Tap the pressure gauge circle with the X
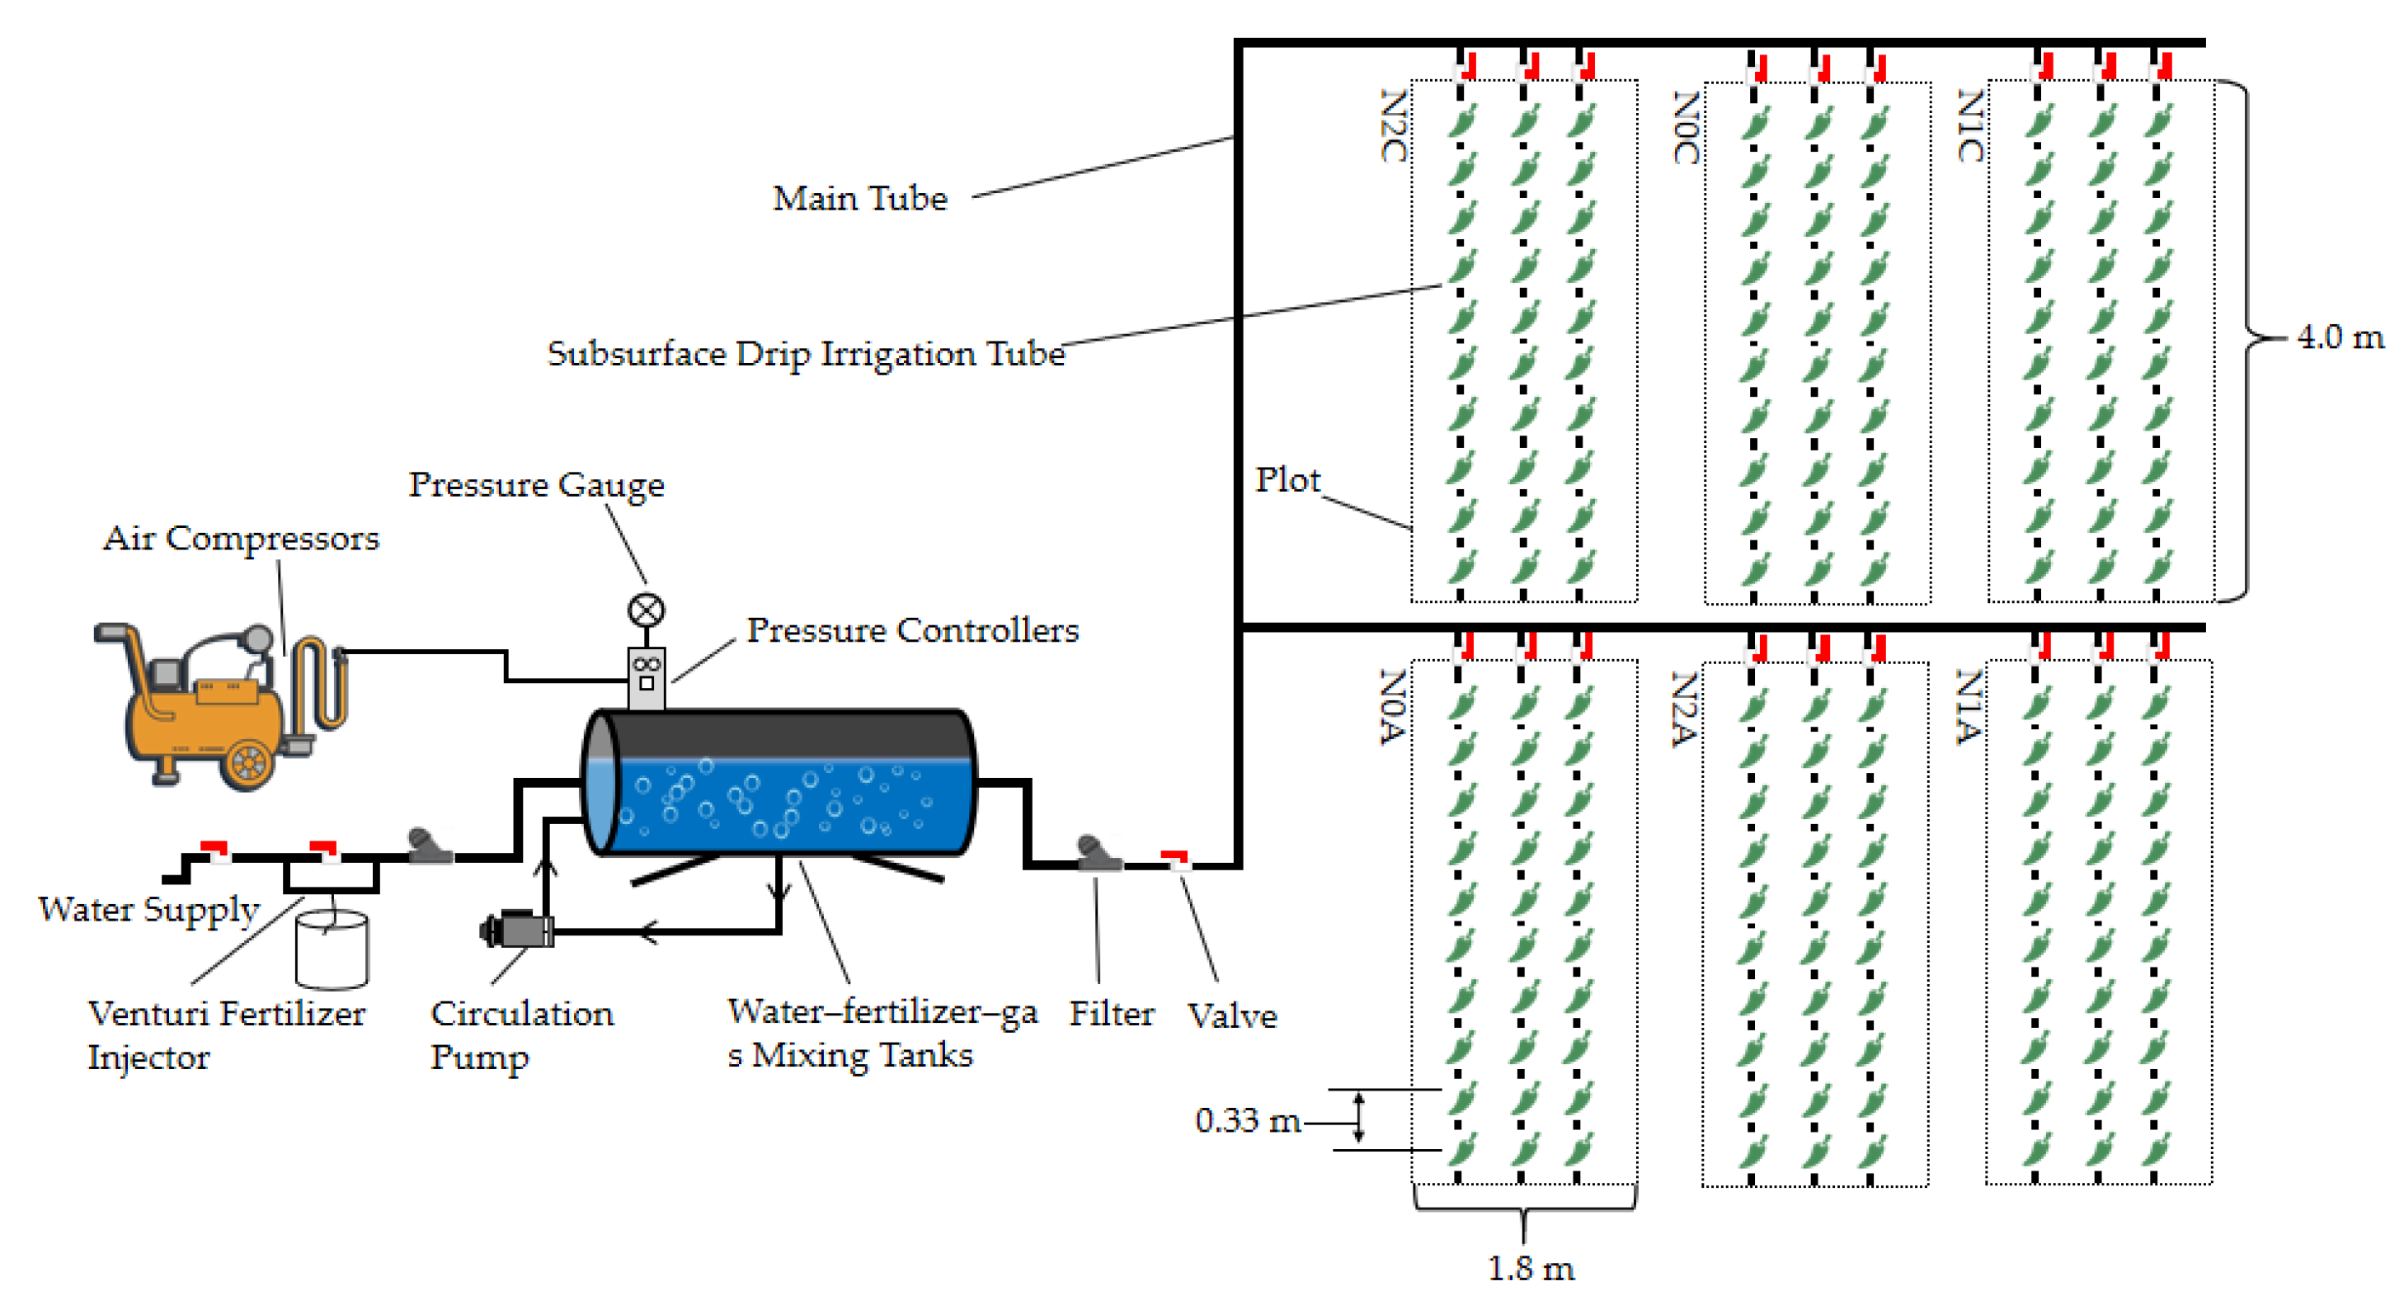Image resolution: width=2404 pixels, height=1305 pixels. point(646,610)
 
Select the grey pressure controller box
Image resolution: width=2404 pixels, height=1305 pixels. point(646,679)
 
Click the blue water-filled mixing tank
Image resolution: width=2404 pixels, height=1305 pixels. point(779,784)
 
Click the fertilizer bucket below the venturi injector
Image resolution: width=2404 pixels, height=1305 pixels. point(332,950)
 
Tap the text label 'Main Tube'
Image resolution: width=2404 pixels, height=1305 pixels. point(859,199)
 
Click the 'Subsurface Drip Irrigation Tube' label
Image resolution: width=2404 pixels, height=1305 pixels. point(806,354)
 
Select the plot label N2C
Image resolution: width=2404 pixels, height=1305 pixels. point(1393,126)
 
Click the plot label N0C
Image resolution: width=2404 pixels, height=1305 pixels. point(1686,128)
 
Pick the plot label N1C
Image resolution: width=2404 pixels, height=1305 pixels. point(1969,126)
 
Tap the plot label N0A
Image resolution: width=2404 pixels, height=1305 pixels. point(1392,707)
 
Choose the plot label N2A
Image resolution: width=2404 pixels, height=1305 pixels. point(1682,709)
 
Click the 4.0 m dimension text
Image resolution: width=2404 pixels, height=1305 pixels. point(2340,337)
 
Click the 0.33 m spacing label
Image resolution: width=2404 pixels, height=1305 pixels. point(1248,1120)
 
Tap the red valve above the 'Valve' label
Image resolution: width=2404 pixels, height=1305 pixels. point(1176,860)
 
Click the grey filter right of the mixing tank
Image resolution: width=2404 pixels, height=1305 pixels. point(1098,854)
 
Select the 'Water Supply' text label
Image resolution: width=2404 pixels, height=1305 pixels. point(149,909)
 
